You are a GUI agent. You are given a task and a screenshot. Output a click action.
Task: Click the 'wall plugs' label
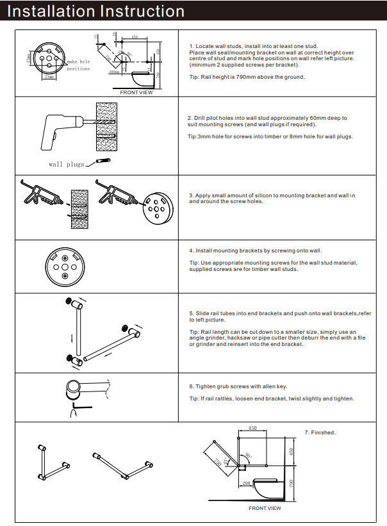66,165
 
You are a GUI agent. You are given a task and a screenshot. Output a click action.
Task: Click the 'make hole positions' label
78,65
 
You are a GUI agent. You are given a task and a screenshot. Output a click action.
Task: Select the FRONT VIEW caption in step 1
136,93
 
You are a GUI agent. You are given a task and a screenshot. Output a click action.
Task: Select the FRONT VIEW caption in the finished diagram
265,508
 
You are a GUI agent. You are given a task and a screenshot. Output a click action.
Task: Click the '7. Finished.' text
320,432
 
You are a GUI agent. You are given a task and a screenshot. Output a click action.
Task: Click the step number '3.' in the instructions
191,195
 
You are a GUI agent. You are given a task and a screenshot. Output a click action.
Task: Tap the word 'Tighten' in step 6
207,386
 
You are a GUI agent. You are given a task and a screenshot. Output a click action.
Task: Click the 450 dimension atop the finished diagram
252,427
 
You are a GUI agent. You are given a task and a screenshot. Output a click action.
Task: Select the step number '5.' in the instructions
191,314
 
